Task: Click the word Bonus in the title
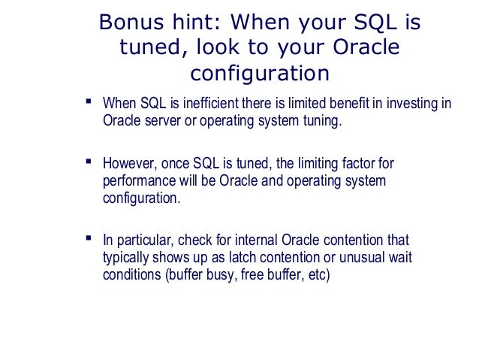pos(131,22)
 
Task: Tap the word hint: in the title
pos(196,22)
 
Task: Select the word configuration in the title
pos(260,74)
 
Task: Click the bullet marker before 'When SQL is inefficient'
pos(89,101)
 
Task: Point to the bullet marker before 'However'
pos(89,162)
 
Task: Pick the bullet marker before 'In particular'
pos(89,238)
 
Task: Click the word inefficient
pos(211,103)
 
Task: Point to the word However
pos(130,164)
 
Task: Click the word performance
pos(140,182)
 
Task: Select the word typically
pos(125,258)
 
